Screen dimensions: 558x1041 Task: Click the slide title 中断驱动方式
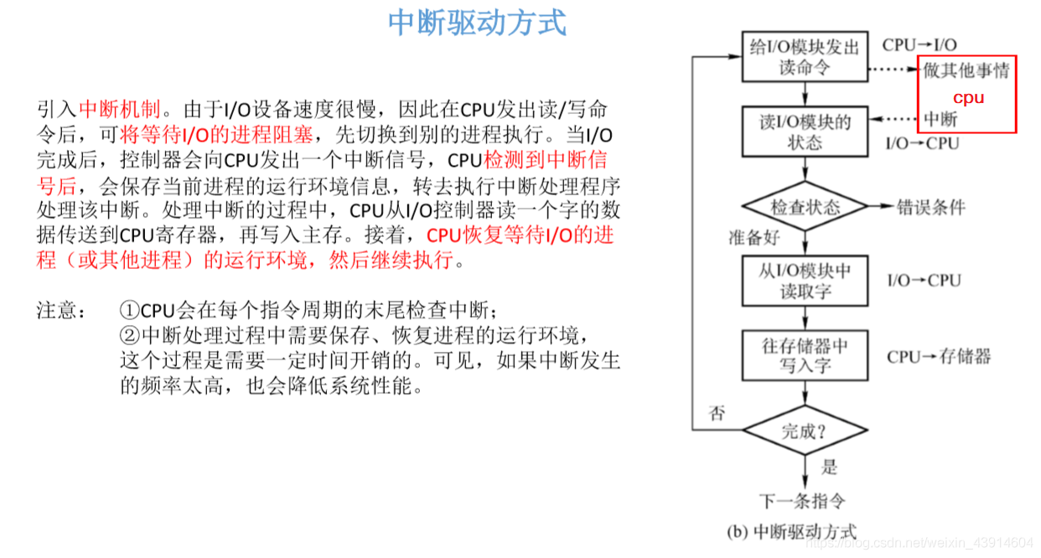coord(477,23)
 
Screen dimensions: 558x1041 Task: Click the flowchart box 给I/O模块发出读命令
coord(804,57)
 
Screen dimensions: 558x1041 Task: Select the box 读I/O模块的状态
coord(805,132)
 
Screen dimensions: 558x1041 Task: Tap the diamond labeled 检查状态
coord(805,207)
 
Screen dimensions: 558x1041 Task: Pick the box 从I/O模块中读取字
coord(805,282)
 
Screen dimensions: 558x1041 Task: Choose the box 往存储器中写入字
coord(805,355)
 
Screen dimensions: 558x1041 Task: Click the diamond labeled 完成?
coord(805,431)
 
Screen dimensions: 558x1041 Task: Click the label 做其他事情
coord(966,70)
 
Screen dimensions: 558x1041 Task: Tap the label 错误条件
coord(931,207)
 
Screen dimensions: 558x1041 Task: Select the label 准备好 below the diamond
coord(754,237)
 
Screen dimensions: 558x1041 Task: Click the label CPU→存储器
coord(939,356)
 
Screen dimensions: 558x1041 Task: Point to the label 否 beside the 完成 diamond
coord(717,413)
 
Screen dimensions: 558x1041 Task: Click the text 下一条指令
coord(802,501)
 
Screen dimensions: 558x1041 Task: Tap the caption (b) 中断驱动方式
coord(790,531)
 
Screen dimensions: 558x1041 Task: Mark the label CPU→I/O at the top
coord(919,44)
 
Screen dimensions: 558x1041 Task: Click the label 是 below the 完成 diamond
coord(829,468)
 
